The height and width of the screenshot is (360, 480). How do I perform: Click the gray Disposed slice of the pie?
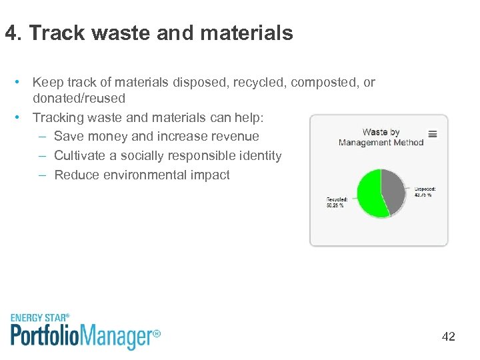(393, 189)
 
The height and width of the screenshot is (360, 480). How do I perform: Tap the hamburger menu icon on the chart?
(433, 134)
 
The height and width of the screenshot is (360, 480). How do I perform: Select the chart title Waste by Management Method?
(381, 137)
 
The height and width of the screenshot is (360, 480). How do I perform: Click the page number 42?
(448, 337)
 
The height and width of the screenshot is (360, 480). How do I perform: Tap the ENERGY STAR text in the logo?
(40, 318)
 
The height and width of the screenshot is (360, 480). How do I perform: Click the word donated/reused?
(79, 99)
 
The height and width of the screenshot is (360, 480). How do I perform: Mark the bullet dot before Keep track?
(21, 83)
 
